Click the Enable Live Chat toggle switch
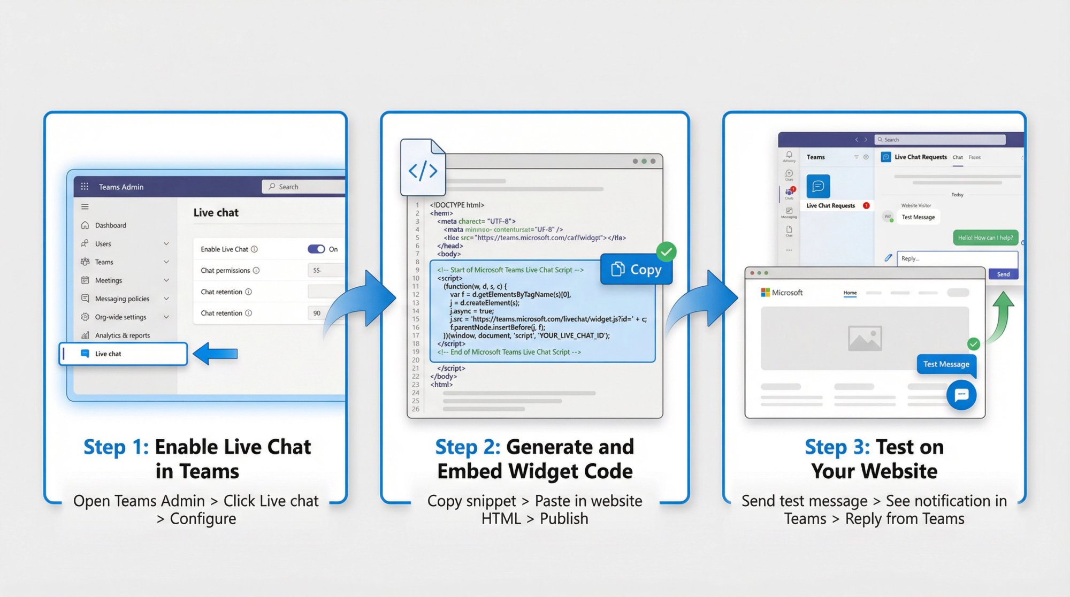[x=316, y=249]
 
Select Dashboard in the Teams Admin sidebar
[x=110, y=225]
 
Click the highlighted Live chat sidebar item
[x=123, y=354]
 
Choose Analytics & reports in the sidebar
[x=122, y=335]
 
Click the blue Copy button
[x=636, y=269]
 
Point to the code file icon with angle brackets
[x=423, y=169]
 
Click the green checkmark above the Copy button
[x=666, y=251]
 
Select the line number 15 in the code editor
[x=416, y=319]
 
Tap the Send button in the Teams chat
[x=1003, y=274]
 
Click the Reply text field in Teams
[x=957, y=258]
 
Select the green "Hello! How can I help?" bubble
[x=985, y=238]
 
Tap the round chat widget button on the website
[x=961, y=395]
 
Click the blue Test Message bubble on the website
[x=946, y=364]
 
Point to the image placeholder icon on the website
[x=865, y=338]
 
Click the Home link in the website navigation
[x=850, y=293]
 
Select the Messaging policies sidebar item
[x=122, y=298]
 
